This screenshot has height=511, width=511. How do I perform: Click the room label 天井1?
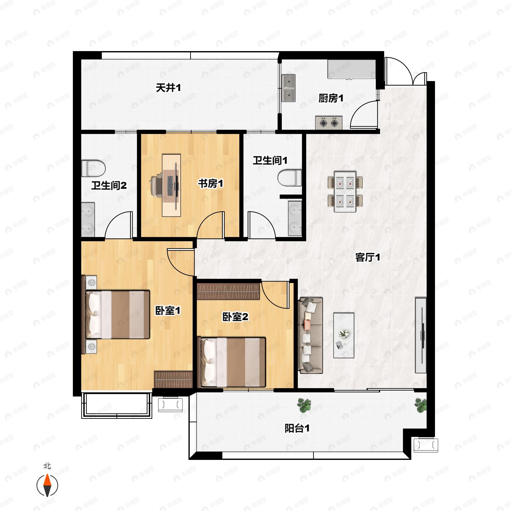(168, 88)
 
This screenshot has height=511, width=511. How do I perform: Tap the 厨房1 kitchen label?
(331, 98)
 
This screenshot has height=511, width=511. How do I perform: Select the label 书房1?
(211, 183)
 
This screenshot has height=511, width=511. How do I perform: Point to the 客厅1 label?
(368, 257)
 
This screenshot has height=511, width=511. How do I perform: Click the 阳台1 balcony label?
(297, 428)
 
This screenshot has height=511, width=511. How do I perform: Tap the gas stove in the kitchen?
(329, 123)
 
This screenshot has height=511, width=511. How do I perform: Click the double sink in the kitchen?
(289, 88)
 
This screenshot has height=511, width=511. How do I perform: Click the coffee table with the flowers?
(344, 335)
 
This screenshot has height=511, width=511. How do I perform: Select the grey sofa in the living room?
(310, 335)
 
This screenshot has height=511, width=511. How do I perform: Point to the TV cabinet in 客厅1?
(421, 335)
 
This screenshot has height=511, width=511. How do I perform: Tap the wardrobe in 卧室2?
(228, 291)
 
